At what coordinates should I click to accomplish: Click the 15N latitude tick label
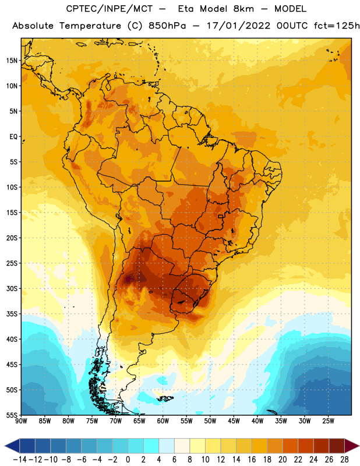(x=12, y=61)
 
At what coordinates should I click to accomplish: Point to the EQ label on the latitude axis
(x=13, y=137)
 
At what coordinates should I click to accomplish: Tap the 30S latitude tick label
(x=12, y=288)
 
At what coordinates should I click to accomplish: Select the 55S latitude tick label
(x=12, y=415)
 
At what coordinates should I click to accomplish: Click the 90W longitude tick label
(x=21, y=421)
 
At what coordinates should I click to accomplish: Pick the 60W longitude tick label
(x=163, y=421)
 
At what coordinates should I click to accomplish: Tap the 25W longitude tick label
(x=328, y=421)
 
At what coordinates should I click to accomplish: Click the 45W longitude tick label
(x=234, y=421)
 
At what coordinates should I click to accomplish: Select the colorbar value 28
(x=344, y=460)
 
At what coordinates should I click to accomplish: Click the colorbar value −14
(x=20, y=460)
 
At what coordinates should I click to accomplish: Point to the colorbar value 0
(x=128, y=460)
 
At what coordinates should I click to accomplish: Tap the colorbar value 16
(x=252, y=460)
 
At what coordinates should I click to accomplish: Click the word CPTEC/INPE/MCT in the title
(x=110, y=9)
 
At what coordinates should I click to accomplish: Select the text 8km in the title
(x=243, y=9)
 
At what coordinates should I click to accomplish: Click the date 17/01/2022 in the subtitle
(x=238, y=26)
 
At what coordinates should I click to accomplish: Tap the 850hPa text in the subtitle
(x=167, y=26)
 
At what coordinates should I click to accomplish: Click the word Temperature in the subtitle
(x=90, y=26)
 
